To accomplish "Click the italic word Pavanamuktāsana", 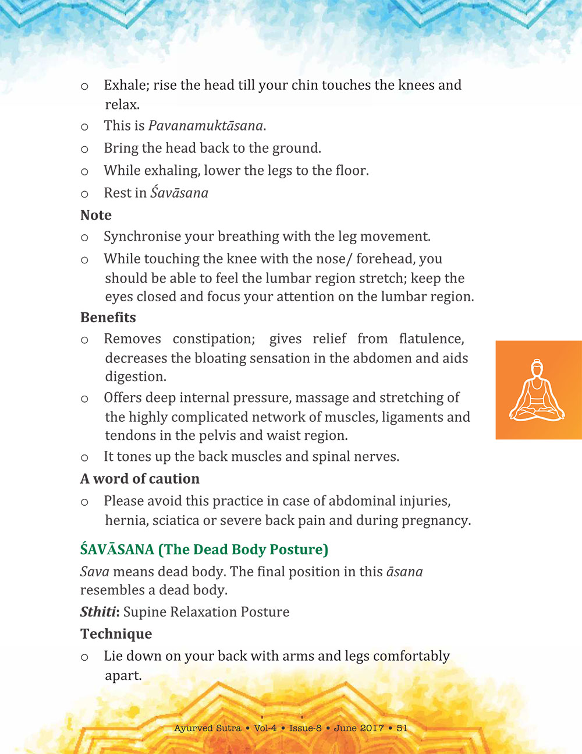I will pyautogui.click(x=206, y=126).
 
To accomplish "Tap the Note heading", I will pyautogui.click(x=96, y=215).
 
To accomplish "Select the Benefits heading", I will pyautogui.click(x=108, y=318).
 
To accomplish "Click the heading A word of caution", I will pyautogui.click(x=140, y=479).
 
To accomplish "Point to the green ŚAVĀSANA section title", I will pyautogui.click(x=204, y=549).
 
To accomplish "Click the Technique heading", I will pyautogui.click(x=116, y=634).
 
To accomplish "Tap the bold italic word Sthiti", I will pyautogui.click(x=98, y=612).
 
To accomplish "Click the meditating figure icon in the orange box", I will pyautogui.click(x=537, y=390).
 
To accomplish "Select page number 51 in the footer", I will pyautogui.click(x=402, y=728).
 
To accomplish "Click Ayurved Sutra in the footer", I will pyautogui.click(x=207, y=728).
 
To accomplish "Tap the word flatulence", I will pyautogui.click(x=431, y=339).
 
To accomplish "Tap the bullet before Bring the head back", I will pyautogui.click(x=84, y=150).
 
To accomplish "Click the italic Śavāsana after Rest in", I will pyautogui.click(x=179, y=193).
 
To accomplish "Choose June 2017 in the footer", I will pyautogui.click(x=359, y=728).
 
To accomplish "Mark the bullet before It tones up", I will pyautogui.click(x=84, y=458).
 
